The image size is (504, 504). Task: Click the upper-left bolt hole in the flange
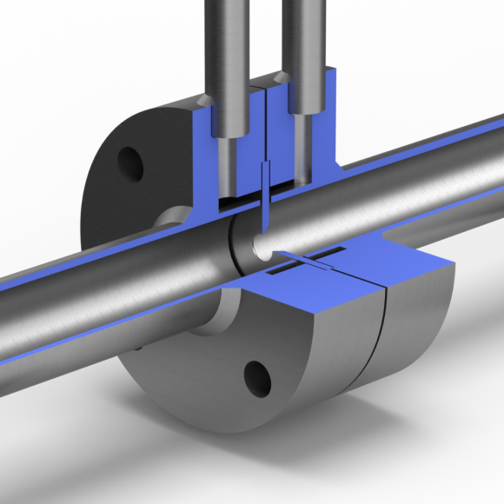coord(130,163)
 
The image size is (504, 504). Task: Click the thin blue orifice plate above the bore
coord(266,187)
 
